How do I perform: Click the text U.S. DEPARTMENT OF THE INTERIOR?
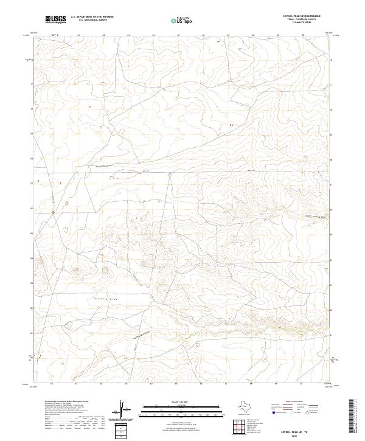91,18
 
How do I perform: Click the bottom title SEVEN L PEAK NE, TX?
302,428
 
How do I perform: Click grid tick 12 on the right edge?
331,60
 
